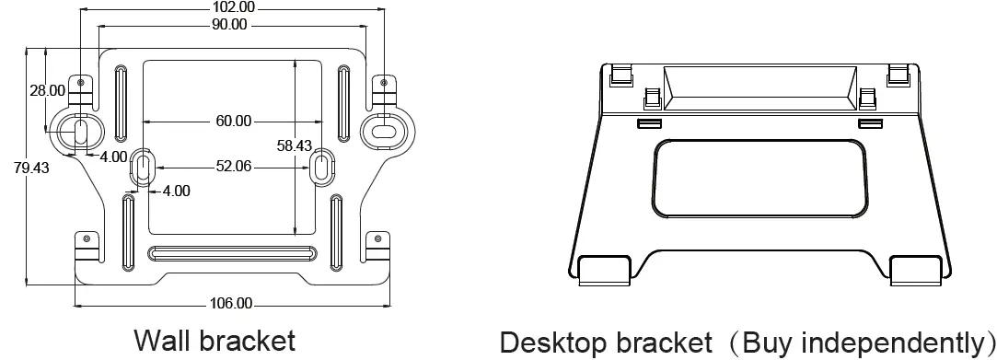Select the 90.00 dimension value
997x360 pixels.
[230, 25]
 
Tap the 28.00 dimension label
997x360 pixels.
[47, 90]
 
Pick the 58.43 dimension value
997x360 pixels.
[295, 145]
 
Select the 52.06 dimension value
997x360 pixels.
[234, 167]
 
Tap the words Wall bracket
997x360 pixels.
[215, 340]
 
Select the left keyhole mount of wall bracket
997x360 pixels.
[80, 131]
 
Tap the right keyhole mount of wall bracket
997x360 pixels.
[382, 130]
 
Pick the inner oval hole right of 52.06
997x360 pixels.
[321, 167]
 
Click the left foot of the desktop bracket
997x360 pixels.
[602, 268]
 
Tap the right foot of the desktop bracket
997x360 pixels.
[917, 268]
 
